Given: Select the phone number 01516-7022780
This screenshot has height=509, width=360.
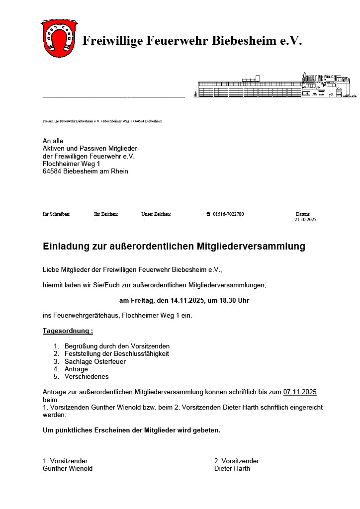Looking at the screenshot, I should pos(228,214).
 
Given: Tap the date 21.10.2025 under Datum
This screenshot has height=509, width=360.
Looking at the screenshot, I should pos(305,219).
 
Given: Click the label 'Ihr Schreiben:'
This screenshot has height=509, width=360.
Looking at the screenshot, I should pos(57,214).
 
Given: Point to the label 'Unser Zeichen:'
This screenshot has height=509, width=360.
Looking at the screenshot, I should pos(156,214).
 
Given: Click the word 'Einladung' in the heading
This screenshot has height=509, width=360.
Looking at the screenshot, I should pos(67,246).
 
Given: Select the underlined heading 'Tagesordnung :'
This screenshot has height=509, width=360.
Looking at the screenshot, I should pos(68,331).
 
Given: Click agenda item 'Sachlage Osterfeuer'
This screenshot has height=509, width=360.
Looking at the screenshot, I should pos(95,361).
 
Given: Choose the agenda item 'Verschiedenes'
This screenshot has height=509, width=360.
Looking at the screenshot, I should pos(87,377).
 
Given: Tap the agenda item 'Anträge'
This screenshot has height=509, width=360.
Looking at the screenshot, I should pos(76,369).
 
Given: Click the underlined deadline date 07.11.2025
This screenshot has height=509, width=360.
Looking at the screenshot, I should pos(300,392).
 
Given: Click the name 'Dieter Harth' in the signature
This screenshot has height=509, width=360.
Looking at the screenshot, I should pos(232,468).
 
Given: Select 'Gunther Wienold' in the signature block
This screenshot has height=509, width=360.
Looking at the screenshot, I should pos(68,468).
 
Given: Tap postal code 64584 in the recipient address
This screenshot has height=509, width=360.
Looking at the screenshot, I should pos(52,171).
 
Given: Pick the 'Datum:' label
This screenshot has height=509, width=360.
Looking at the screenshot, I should pos(303,214).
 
